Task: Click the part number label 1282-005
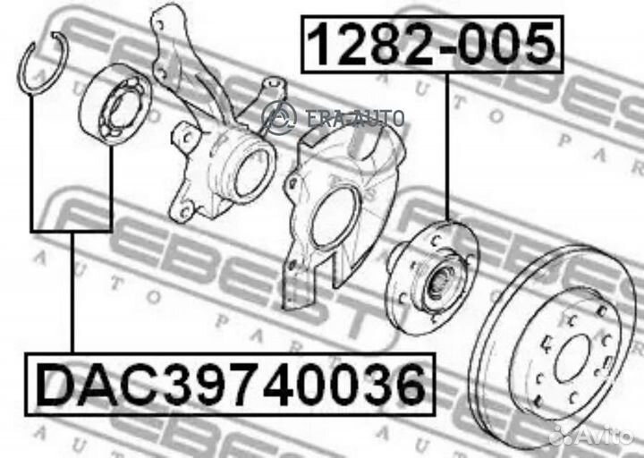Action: pyautogui.click(x=432, y=44)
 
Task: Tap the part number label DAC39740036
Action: pyautogui.click(x=230, y=385)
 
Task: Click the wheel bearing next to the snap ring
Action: pyautogui.click(x=115, y=104)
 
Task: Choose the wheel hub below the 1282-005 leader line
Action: pyautogui.click(x=433, y=277)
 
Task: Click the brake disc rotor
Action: pyautogui.click(x=555, y=349)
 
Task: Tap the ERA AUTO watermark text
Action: pyautogui.click(x=356, y=118)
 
